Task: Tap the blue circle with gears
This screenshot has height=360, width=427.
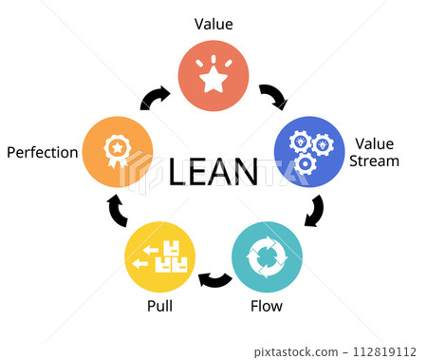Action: pos(309,151)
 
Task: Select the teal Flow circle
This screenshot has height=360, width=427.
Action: pos(268,256)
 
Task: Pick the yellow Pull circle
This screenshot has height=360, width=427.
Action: pos(160,256)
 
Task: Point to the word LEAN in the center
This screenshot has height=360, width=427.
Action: pos(213,173)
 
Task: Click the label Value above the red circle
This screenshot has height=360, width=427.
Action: pos(213,24)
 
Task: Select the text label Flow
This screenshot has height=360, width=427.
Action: pos(266,307)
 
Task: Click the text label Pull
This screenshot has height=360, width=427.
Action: pos(159,307)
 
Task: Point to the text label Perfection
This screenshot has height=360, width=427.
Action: pos(42,152)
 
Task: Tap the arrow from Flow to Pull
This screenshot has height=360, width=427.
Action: pos(214,279)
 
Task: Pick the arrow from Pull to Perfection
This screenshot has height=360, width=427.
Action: pos(116,211)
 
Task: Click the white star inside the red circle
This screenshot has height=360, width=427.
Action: pos(213,79)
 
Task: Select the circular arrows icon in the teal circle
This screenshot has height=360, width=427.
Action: pos(268,256)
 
